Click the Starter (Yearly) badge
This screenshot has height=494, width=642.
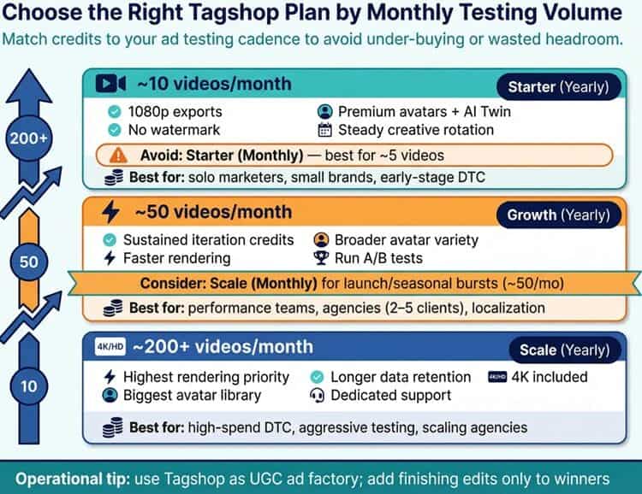click(559, 86)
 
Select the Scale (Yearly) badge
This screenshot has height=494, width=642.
click(564, 350)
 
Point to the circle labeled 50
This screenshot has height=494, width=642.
click(29, 261)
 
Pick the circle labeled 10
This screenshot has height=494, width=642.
click(29, 386)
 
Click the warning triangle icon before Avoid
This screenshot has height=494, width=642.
click(119, 156)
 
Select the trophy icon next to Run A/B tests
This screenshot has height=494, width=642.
click(322, 258)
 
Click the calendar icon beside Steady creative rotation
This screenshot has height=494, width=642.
click(324, 130)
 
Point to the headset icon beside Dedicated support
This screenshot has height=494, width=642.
click(317, 395)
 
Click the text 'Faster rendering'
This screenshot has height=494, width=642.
click(176, 258)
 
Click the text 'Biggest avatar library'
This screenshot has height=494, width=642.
click(193, 395)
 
